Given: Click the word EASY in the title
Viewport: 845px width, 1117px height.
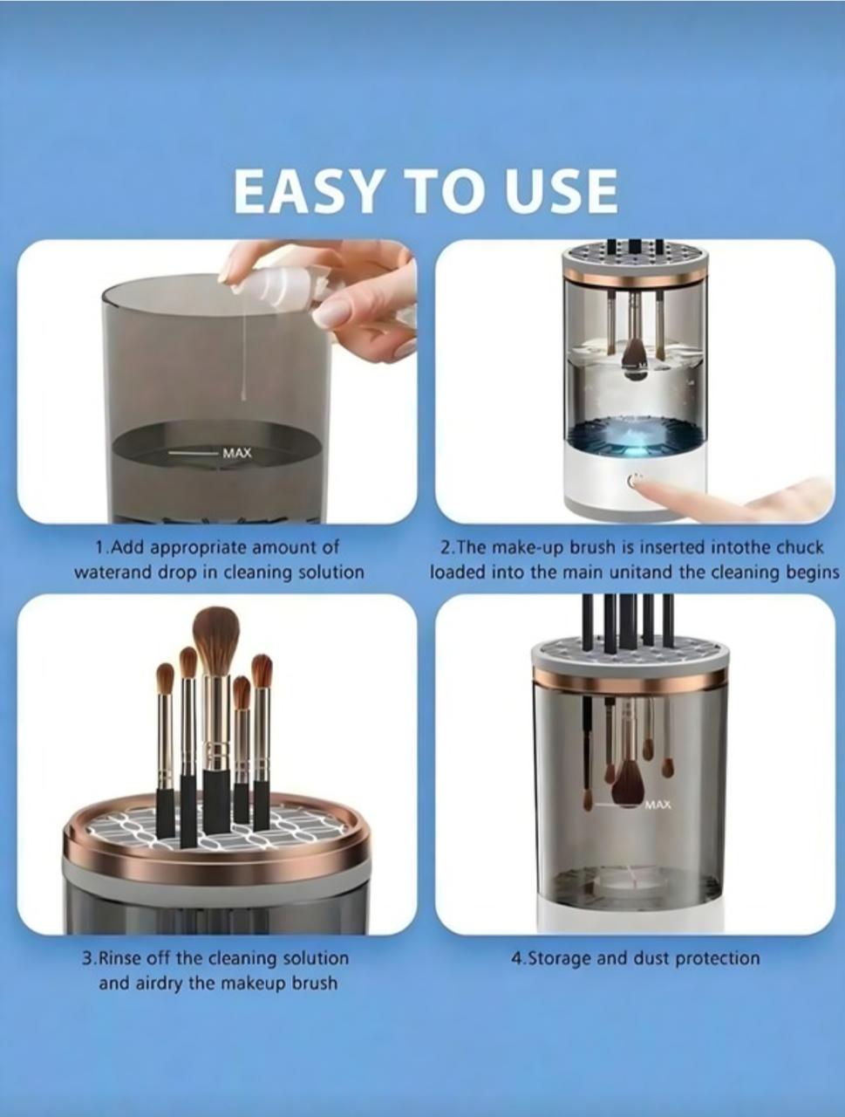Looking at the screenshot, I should [309, 191].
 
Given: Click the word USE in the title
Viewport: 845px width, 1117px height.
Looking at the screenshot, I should [562, 191].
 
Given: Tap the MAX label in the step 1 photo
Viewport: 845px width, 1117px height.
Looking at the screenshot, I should [236, 453].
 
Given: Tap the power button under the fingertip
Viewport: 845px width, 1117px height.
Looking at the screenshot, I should [634, 481].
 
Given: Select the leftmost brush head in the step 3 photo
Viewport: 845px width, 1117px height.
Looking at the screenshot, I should [165, 678].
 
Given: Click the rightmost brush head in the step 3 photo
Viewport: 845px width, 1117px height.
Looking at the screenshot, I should [262, 670].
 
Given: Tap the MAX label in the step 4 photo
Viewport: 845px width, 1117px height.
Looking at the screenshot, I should [658, 804].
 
